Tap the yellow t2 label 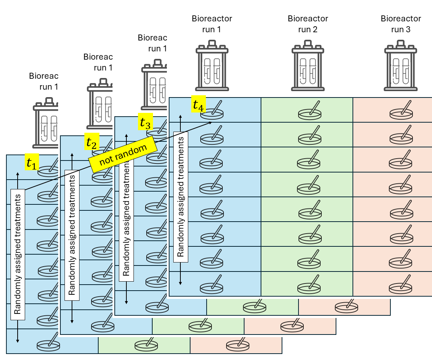pyautogui.click(x=92, y=142)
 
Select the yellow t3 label pyautogui.click(x=145, y=122)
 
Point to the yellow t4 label pyautogui.click(x=198, y=104)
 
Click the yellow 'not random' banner pyautogui.click(x=123, y=154)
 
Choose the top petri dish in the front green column pyautogui.click(x=310, y=111)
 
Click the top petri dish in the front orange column pyautogui.click(x=401, y=111)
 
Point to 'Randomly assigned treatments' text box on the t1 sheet pyautogui.click(x=18, y=255)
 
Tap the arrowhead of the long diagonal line pyautogui.click(x=212, y=122)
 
